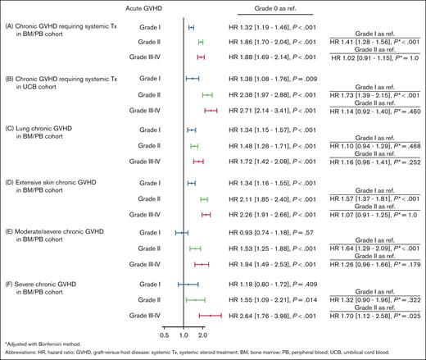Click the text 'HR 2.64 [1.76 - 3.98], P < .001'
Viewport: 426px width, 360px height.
(277, 314)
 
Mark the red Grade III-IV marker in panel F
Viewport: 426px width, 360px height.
(211, 314)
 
